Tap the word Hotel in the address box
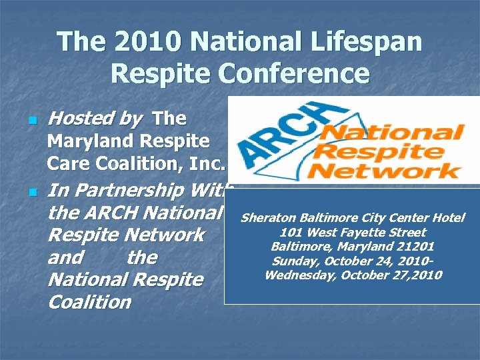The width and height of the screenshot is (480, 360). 448,218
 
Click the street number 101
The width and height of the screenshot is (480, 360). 291,233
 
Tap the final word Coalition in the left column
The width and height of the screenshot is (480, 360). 90,302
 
